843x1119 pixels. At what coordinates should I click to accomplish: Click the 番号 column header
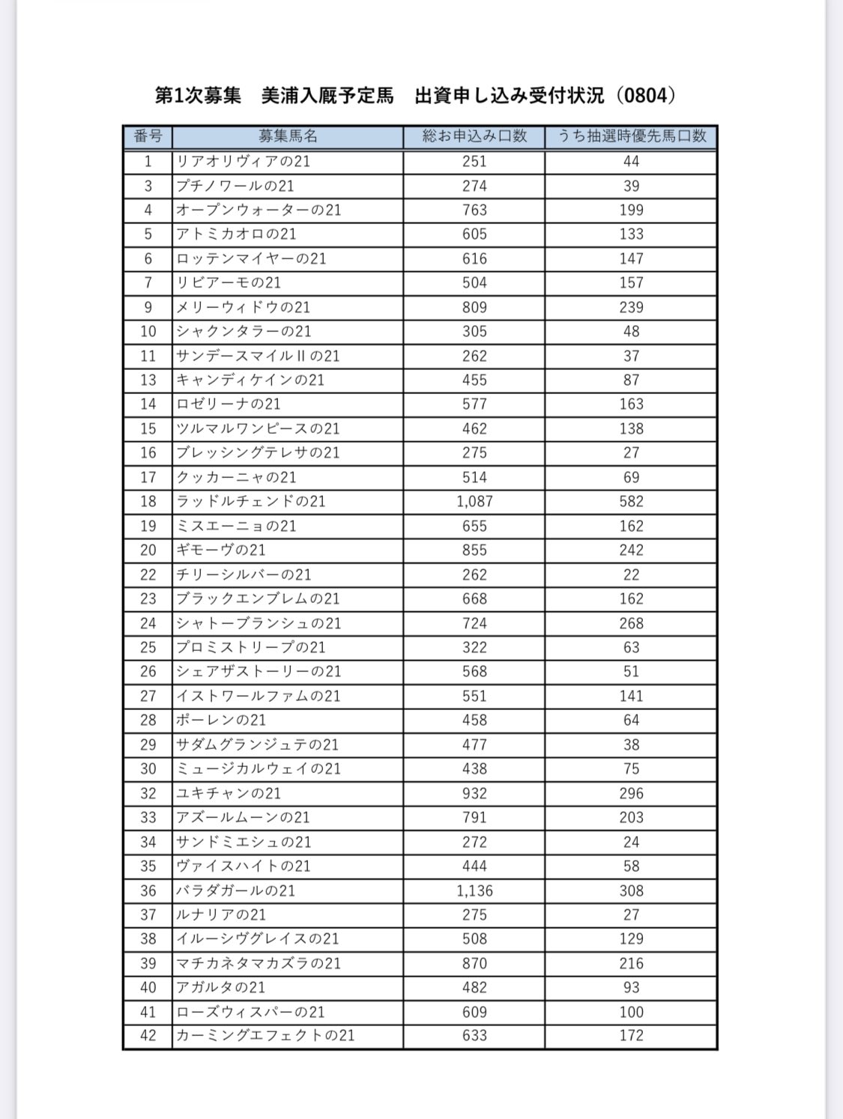coord(148,136)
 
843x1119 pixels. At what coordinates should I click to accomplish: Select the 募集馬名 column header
coord(288,136)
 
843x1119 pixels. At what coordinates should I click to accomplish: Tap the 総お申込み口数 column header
coord(474,136)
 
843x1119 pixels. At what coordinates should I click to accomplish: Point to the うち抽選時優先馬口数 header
coord(631,136)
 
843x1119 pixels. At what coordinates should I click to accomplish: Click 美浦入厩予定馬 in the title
coord(327,96)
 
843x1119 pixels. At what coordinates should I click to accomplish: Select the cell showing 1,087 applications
coord(474,502)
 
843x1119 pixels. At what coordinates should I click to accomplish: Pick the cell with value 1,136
coord(474,891)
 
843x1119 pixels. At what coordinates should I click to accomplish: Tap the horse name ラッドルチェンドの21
coord(250,502)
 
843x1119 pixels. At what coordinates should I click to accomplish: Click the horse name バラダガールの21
coord(235,891)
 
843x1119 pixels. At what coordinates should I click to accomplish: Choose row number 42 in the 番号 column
coord(148,1036)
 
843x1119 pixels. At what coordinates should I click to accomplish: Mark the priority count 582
coord(631,502)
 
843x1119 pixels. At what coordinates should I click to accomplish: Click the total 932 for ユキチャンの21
coord(474,793)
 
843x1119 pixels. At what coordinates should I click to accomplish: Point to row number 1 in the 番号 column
coord(148,161)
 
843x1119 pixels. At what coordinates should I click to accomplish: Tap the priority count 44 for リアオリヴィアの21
coord(631,161)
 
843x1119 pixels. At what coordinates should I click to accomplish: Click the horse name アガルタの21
coord(220,988)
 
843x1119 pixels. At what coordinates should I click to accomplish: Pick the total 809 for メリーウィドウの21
coord(474,307)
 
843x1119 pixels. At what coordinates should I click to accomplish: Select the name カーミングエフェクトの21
coord(265,1036)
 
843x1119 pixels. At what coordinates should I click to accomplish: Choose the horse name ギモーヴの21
coord(220,551)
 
